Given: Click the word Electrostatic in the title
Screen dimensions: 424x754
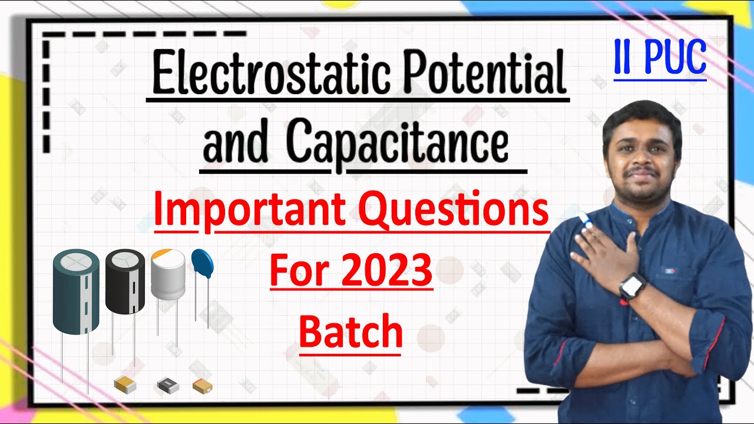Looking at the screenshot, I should [263, 74].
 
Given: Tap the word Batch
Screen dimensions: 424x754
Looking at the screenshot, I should [350, 332].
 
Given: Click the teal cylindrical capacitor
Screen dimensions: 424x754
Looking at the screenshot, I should [76, 291].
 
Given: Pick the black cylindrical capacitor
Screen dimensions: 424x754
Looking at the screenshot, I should [125, 281].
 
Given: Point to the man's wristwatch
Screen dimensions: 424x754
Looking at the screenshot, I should [632, 286].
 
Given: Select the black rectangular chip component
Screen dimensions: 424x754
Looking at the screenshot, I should [167, 386].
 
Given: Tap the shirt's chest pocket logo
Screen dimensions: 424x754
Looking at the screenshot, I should [670, 270].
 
